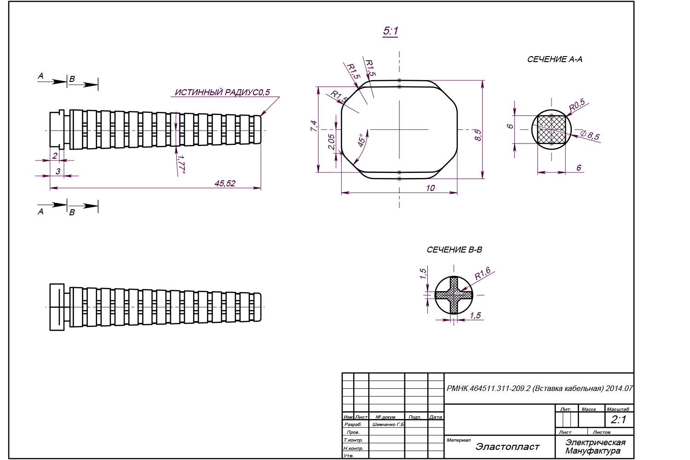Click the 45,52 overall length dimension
pos(225,184)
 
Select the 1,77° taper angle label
pos(181,164)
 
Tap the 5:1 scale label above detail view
pos(390,31)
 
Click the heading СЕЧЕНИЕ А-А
pos(554,59)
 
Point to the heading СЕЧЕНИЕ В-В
pos(454,250)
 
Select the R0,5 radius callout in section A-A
pos(577,106)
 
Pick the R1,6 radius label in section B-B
pos(483,273)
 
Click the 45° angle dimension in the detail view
pos(362,140)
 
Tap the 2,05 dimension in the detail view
pos(332,142)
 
